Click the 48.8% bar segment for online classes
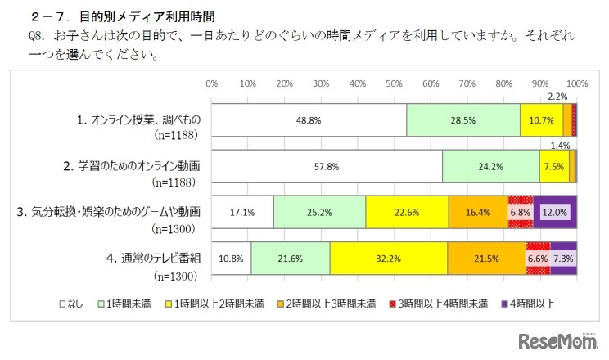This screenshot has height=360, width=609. coord(309,119)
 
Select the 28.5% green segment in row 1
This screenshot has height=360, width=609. coord(462,119)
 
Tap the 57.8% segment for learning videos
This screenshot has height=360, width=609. coord(327,166)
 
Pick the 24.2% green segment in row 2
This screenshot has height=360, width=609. coord(490,166)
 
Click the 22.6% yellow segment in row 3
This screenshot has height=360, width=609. coord(407,212)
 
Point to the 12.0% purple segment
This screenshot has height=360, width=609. coord(556,212)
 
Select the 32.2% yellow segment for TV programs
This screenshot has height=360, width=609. coord(388,258)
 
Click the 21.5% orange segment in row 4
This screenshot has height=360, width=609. coord(486,258)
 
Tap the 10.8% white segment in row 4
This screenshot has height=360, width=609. coord(231,258)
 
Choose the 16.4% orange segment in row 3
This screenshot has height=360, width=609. coord(478,212)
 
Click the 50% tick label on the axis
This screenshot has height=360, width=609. coord(395,84)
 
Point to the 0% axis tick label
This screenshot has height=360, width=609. coord(211,84)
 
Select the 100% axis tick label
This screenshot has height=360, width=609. coord(577,84)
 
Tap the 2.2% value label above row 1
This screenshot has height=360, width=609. coord(557,97)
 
